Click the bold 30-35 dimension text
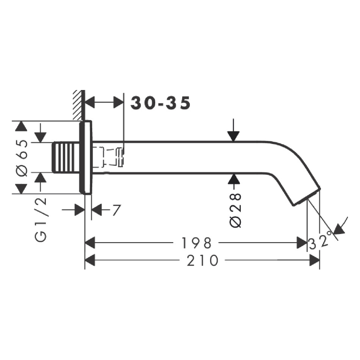tap(161, 103)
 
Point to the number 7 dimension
tap(117, 210)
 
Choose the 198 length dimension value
tap(196, 243)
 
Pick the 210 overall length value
tap(202, 261)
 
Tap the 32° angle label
tap(321, 241)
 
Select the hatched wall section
tap(77, 105)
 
